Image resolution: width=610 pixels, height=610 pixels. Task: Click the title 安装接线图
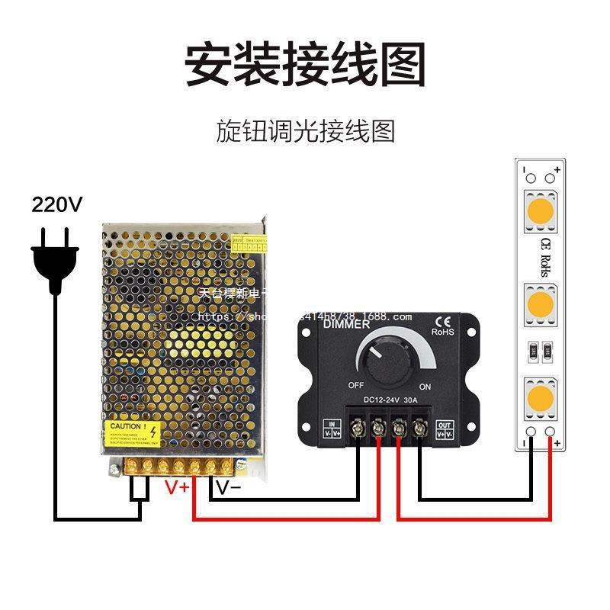[305, 64]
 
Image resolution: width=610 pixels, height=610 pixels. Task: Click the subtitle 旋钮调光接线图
[306, 131]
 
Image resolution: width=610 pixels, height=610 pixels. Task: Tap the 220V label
[56, 204]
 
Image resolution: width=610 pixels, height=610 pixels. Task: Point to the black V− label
[226, 486]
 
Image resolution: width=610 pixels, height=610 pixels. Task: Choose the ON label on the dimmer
[425, 387]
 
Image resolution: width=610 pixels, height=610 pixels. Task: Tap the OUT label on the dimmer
[444, 425]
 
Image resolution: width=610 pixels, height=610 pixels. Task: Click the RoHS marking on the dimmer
[443, 332]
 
